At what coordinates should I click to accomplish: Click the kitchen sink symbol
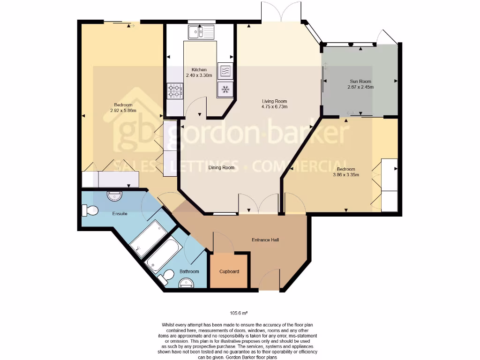(201, 32)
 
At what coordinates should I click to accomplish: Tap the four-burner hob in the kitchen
(175, 90)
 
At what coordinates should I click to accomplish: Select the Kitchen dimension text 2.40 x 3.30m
(199, 75)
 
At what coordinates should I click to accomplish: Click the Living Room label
(274, 101)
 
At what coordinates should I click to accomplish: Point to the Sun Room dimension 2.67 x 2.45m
(360, 87)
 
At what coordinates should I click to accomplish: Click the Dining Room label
(221, 168)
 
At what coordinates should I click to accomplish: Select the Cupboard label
(229, 271)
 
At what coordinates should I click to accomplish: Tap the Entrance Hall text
(265, 240)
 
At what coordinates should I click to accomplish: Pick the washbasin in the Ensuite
(114, 196)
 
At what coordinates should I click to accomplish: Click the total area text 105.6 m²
(239, 313)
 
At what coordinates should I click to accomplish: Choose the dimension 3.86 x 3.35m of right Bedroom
(345, 175)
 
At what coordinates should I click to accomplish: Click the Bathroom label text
(189, 271)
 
